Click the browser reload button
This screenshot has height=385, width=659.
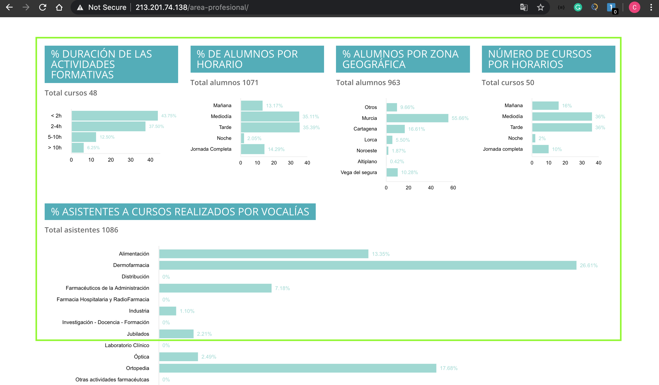tap(43, 7)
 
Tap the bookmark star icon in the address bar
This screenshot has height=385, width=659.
tap(541, 7)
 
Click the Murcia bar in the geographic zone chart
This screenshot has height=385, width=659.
tap(417, 118)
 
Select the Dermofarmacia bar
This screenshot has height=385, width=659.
tap(367, 265)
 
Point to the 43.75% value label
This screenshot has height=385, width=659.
tap(169, 116)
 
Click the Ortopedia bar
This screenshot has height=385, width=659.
tap(298, 368)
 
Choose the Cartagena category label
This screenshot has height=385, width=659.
tap(365, 129)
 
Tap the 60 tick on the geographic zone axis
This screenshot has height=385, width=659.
tap(453, 188)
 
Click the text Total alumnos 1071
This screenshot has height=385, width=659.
tap(224, 82)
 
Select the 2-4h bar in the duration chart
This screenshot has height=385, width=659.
tap(108, 127)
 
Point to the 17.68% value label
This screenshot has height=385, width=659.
tap(448, 368)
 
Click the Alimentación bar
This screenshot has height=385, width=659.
tap(264, 254)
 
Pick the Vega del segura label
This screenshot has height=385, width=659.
tap(359, 173)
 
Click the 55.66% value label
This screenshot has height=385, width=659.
tap(460, 118)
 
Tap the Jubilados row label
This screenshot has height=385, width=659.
tap(138, 334)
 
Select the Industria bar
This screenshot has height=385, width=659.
tap(168, 311)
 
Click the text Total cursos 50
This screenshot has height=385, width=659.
tap(508, 82)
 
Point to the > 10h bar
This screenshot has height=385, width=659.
tap(78, 148)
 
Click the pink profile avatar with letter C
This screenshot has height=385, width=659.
tap(634, 7)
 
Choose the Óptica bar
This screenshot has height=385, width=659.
tap(178, 357)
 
